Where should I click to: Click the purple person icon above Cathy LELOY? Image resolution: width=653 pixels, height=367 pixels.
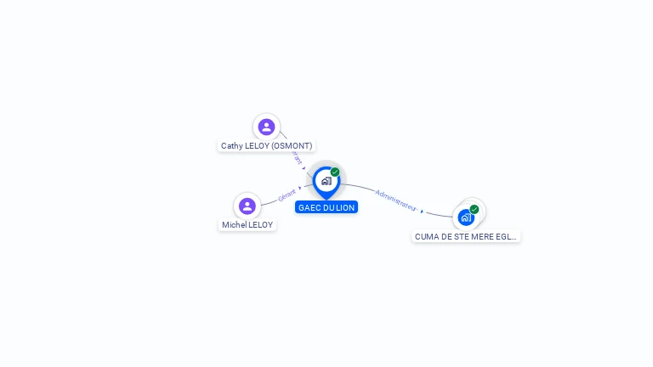pyautogui.click(x=266, y=127)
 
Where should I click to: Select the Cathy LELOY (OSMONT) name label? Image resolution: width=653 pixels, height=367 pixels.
pyautogui.click(x=266, y=146)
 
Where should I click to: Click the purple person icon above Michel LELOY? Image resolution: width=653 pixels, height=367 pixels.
pyautogui.click(x=247, y=206)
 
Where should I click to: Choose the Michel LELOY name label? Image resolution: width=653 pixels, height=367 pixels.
pyautogui.click(x=247, y=225)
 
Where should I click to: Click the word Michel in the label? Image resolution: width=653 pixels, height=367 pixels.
pyautogui.click(x=234, y=225)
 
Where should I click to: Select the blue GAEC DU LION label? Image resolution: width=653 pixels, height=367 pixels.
pyautogui.click(x=326, y=207)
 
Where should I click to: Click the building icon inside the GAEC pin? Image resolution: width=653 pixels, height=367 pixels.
pyautogui.click(x=326, y=181)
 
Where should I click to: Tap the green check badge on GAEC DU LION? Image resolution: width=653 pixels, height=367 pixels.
pyautogui.click(x=335, y=172)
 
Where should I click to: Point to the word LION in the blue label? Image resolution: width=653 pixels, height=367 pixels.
pyautogui.click(x=345, y=207)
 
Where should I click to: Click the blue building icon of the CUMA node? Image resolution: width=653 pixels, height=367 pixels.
pyautogui.click(x=465, y=217)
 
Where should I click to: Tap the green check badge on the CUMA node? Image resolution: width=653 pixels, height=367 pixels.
pyautogui.click(x=474, y=209)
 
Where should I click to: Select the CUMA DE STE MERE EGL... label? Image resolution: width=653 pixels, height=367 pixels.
pyautogui.click(x=466, y=237)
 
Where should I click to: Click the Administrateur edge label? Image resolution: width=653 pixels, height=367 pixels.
pyautogui.click(x=395, y=200)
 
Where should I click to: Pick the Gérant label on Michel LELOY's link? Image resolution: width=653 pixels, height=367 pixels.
pyautogui.click(x=287, y=196)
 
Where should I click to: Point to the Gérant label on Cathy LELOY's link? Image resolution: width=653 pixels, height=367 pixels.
pyautogui.click(x=295, y=157)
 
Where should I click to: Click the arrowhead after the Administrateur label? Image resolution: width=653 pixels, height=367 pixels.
pyautogui.click(x=422, y=211)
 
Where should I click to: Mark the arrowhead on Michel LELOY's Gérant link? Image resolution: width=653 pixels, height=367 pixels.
pyautogui.click(x=300, y=188)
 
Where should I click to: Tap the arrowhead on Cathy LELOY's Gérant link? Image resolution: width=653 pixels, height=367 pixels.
pyautogui.click(x=304, y=168)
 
